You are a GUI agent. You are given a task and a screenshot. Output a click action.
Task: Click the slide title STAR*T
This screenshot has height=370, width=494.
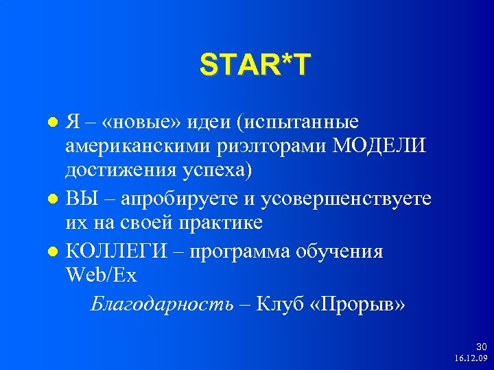tap(255, 66)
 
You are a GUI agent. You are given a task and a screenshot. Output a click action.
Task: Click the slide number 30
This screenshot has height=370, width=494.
tap(480, 347)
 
